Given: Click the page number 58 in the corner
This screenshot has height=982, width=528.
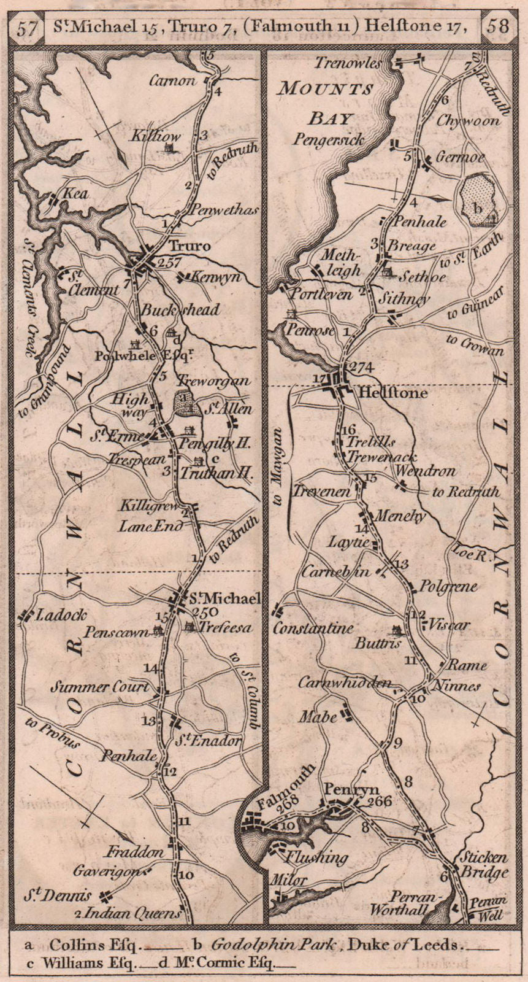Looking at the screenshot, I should point(499,27).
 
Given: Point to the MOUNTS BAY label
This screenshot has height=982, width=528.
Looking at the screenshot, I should point(326,103).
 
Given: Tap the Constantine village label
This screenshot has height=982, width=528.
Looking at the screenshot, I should point(313,628).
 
